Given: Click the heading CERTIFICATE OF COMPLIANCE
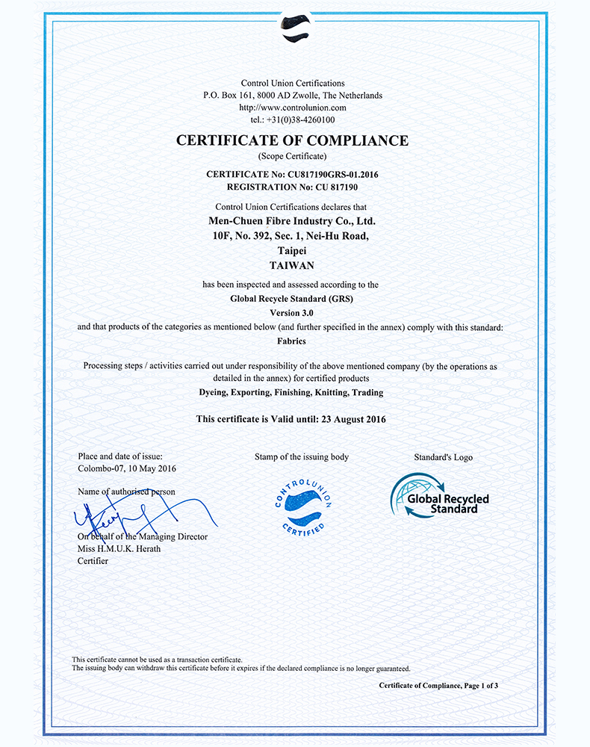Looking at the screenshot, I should click(x=293, y=140).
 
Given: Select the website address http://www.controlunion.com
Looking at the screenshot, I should click(x=293, y=108).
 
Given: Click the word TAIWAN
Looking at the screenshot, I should click(x=293, y=265).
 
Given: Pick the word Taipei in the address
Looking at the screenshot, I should click(x=293, y=251).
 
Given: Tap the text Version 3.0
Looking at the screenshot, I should click(x=293, y=312).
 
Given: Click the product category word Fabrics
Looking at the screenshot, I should click(x=293, y=341).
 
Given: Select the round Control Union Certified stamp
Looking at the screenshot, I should click(x=302, y=506).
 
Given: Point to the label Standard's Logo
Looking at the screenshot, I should click(x=443, y=457).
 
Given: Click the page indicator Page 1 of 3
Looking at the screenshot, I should click(x=480, y=685).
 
